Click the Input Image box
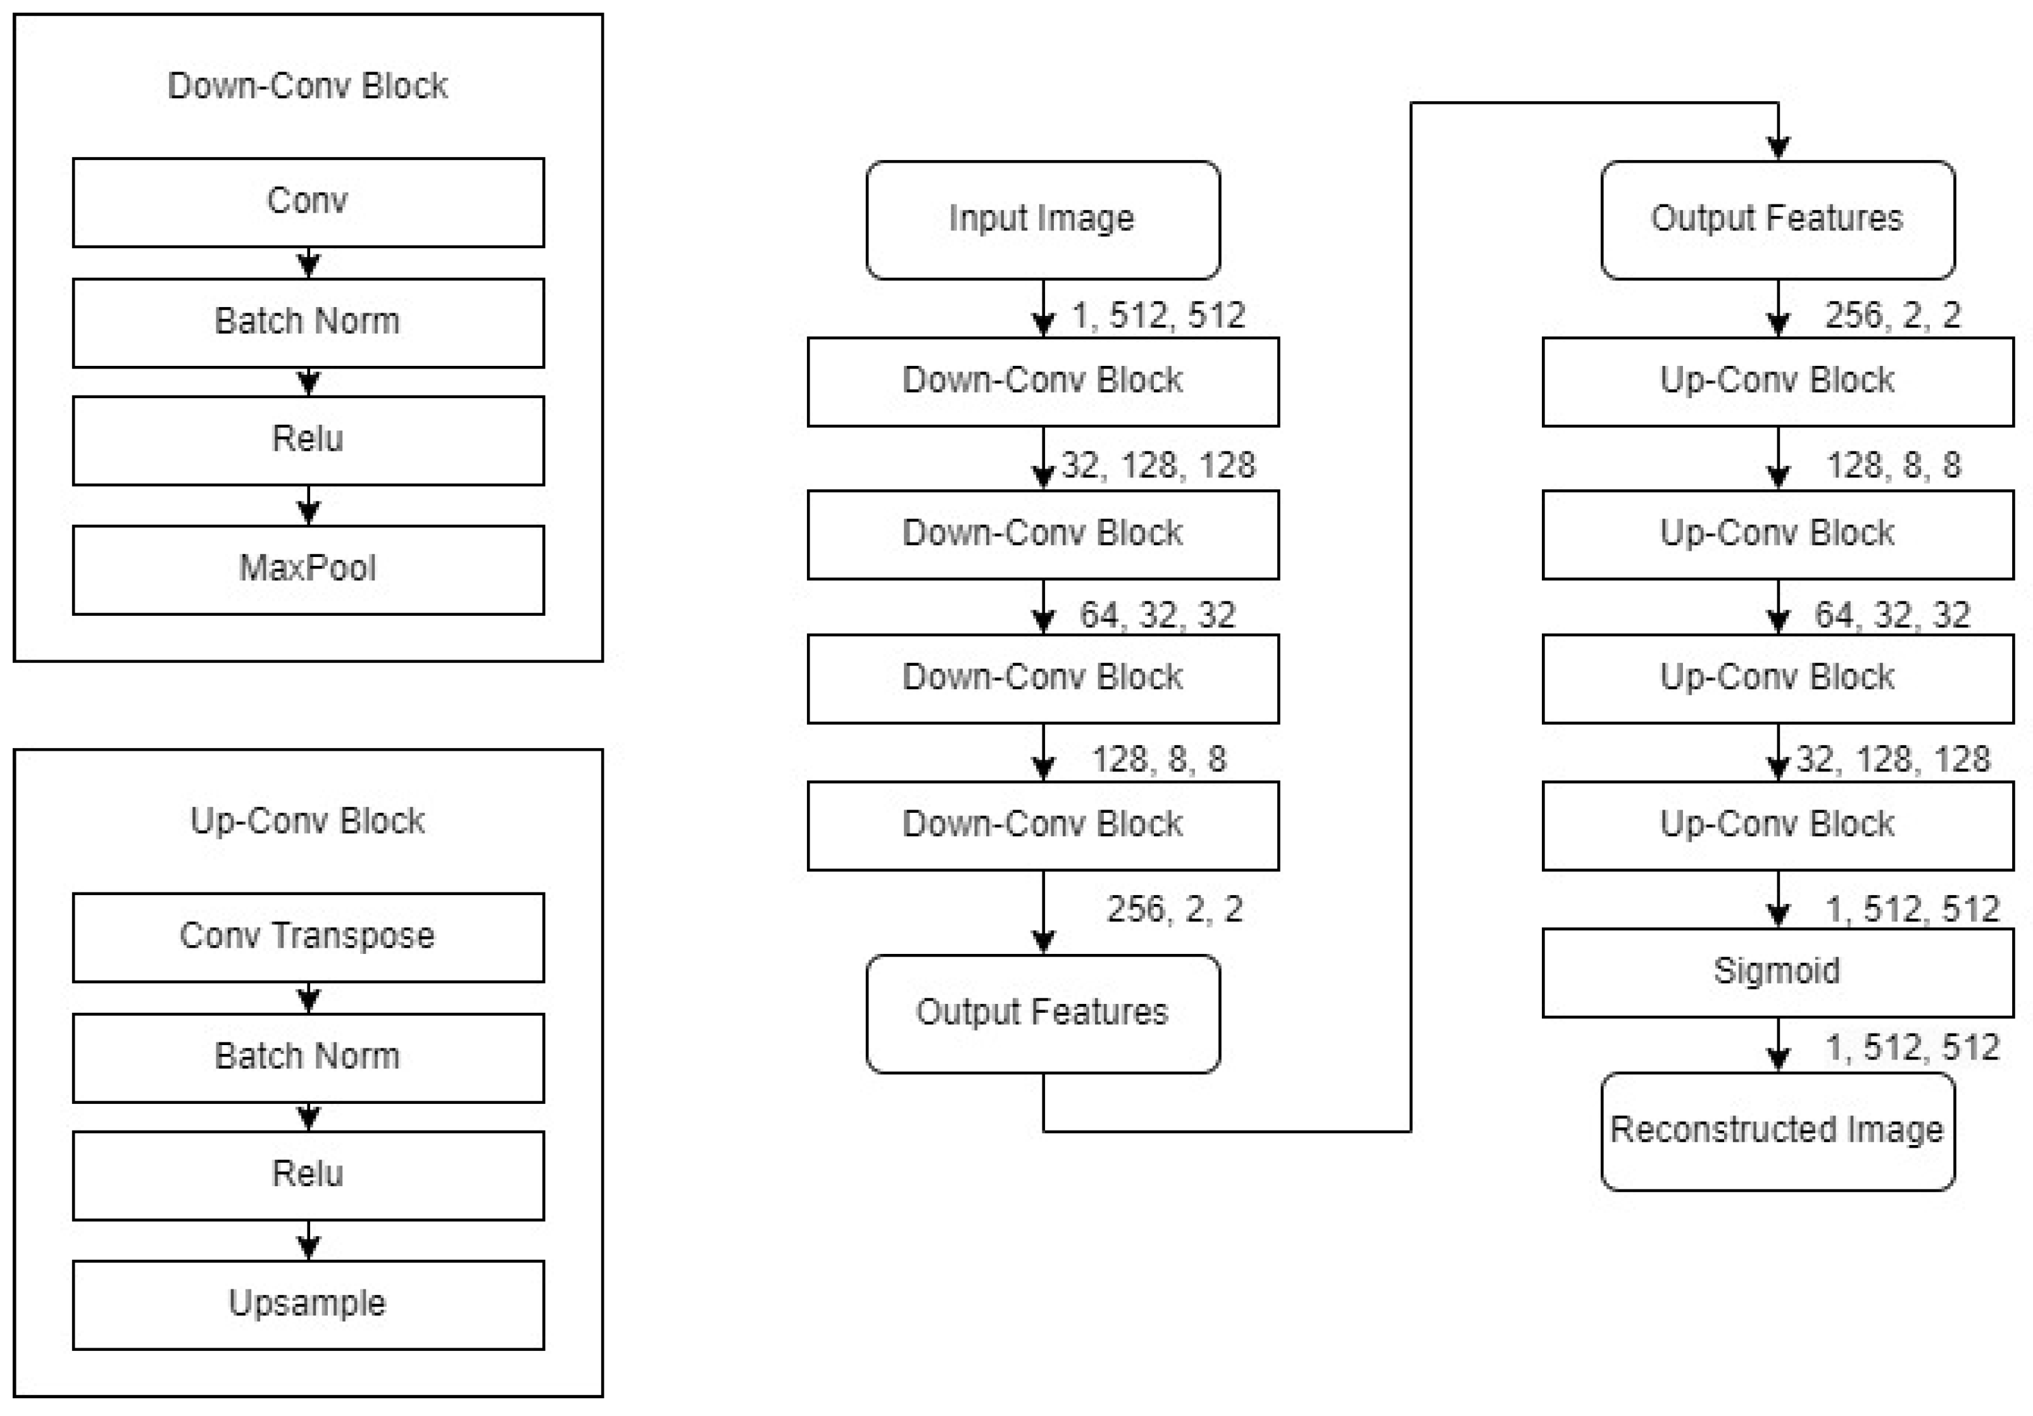tap(1042, 220)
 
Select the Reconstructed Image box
tap(1777, 1131)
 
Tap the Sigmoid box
tap(1777, 972)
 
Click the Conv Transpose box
tap(308, 937)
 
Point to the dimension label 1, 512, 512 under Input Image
tap(1158, 315)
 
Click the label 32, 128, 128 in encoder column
tap(1158, 465)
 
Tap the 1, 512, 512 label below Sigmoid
tap(1913, 1048)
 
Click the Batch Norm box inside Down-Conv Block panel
tap(308, 322)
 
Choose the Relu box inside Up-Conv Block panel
tap(308, 1175)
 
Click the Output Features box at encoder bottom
tap(1042, 1013)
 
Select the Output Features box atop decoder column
tap(1777, 220)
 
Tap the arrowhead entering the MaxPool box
tap(308, 513)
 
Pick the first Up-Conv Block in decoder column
tap(1777, 381)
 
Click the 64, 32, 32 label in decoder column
tap(1892, 615)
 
